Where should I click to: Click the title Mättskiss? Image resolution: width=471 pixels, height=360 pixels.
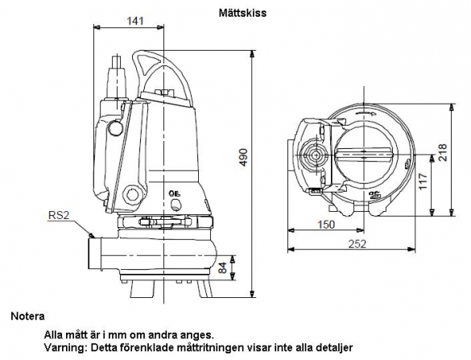pos(242,13)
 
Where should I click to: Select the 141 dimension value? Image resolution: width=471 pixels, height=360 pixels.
pos(135,21)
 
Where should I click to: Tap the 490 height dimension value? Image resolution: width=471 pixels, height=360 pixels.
pos(244,157)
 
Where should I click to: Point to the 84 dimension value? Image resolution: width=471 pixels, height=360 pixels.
pos(222,267)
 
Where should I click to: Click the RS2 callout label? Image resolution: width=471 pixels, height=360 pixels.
pos(59,215)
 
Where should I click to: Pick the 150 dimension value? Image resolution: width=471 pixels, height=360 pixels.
pos(325,224)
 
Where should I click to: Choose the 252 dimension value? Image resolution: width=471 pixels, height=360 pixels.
pos(357,244)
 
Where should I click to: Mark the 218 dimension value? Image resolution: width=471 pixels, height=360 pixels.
pos(442,153)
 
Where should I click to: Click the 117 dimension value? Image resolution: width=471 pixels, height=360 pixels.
pos(423,181)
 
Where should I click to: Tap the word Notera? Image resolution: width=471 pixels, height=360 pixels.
pos(27,316)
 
